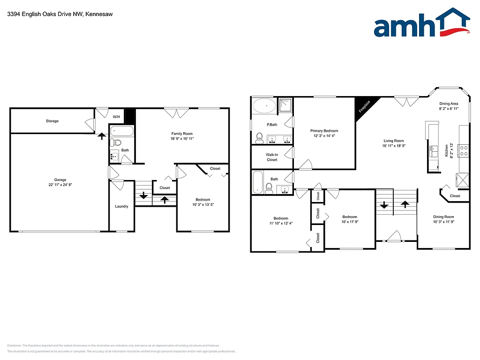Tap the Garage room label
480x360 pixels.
[60, 180]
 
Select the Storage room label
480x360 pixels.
[52, 121]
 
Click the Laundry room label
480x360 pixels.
[121, 206]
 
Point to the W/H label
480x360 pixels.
[116, 117]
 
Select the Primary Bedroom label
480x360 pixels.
[324, 131]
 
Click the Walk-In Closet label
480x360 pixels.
[272, 157]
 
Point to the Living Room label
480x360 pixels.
[394, 141]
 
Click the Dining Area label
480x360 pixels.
[449, 104]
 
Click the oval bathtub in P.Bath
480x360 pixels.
[264, 106]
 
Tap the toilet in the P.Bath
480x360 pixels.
[259, 137]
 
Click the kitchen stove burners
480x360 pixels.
[463, 150]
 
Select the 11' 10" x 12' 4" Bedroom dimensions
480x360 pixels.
[281, 223]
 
